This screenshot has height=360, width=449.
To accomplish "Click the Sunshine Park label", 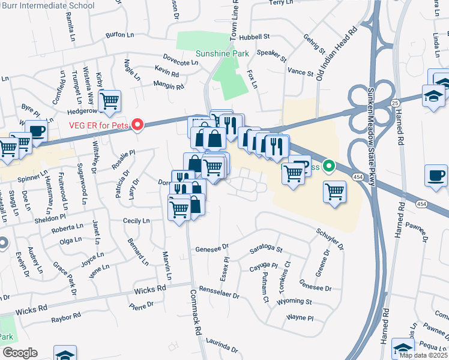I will (222, 53).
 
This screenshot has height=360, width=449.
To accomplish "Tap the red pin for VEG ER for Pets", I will (137, 125).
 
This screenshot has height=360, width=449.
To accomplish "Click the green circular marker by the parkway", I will (328, 166).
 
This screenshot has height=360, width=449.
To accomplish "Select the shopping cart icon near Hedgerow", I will (109, 101).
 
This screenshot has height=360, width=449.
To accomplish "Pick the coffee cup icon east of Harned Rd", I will (435, 175).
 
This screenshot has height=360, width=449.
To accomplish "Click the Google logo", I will (20, 353).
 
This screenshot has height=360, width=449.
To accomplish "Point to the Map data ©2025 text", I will (423, 355).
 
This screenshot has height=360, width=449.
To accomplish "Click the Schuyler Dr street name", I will (330, 238).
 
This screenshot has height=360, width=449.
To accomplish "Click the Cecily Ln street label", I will (136, 221).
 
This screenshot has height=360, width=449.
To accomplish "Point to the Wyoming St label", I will (294, 301).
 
